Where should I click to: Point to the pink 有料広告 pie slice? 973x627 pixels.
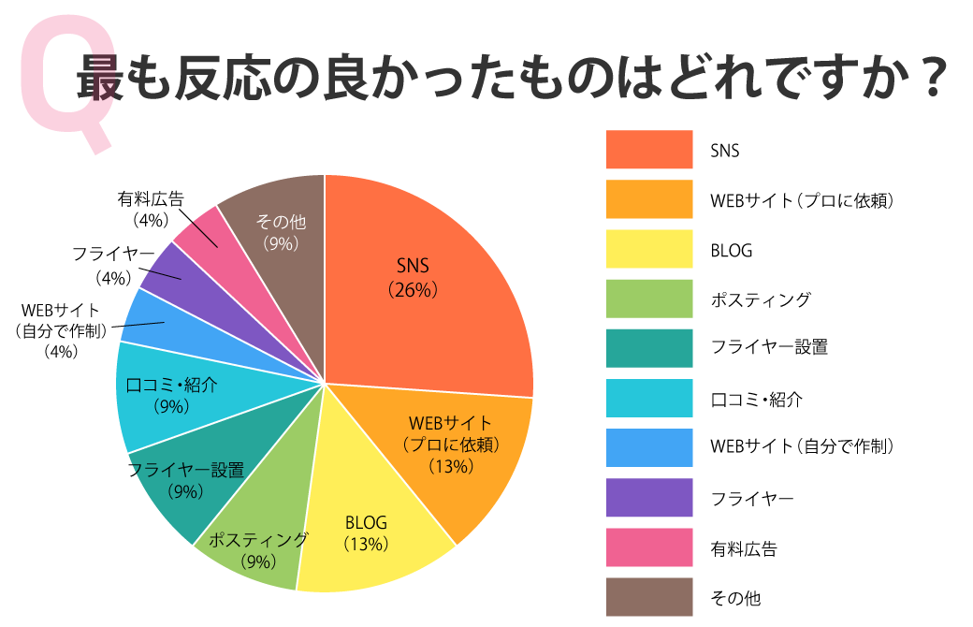coord(202,234)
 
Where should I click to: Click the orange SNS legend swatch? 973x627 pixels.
coord(648,149)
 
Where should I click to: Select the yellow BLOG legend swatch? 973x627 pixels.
coord(648,249)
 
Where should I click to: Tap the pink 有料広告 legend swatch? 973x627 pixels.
coord(648,547)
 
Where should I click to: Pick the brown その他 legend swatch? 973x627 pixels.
coord(648,597)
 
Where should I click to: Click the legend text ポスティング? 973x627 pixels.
coord(760,299)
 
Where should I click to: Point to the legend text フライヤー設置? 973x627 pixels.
coord(769,349)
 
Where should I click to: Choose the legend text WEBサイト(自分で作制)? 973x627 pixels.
coord(802,448)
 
